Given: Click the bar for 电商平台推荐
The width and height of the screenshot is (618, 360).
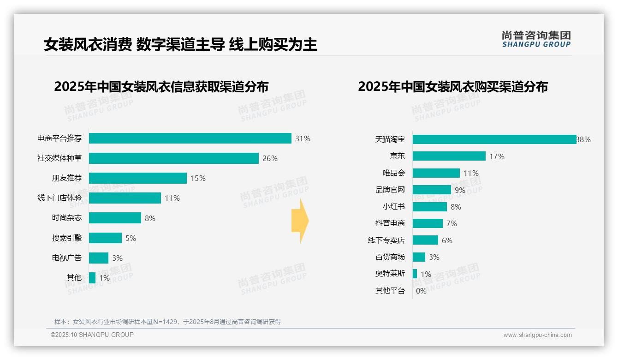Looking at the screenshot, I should (x=190, y=138).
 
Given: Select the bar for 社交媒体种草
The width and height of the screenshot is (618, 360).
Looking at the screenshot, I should (x=173, y=158).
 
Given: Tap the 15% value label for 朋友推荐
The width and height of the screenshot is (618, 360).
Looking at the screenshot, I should (x=198, y=178).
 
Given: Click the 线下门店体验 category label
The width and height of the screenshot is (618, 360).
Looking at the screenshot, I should (x=59, y=198).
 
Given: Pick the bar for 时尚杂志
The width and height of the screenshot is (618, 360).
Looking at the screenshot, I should (x=115, y=218).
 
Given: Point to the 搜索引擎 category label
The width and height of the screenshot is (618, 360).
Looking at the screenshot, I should (x=67, y=238).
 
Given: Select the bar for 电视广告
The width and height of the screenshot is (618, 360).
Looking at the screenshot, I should (x=99, y=258).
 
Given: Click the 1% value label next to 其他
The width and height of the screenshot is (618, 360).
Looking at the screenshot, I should (x=104, y=278).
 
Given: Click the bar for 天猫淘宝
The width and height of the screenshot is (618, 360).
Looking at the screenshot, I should (x=494, y=139).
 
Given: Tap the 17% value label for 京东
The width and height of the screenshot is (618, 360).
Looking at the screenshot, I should (x=497, y=156).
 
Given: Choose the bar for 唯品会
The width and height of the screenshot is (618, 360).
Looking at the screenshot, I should (x=436, y=173).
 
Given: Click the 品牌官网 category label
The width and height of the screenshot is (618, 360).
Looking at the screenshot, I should (x=390, y=190).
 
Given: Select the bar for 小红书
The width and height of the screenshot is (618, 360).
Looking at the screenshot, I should (x=429, y=207).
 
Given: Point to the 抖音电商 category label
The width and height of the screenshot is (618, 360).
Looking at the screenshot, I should (x=390, y=223).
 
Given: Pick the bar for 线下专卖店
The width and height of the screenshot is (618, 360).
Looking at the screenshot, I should (x=425, y=240).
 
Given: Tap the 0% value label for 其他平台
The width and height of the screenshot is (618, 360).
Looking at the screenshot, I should (x=421, y=291).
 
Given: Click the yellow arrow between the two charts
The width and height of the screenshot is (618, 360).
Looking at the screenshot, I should (x=300, y=221).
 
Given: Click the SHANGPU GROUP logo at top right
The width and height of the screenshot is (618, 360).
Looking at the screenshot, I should (x=536, y=39).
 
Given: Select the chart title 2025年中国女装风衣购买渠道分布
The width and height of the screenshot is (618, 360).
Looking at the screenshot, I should (x=452, y=87).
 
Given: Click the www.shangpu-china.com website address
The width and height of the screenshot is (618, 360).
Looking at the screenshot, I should (x=537, y=335).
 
